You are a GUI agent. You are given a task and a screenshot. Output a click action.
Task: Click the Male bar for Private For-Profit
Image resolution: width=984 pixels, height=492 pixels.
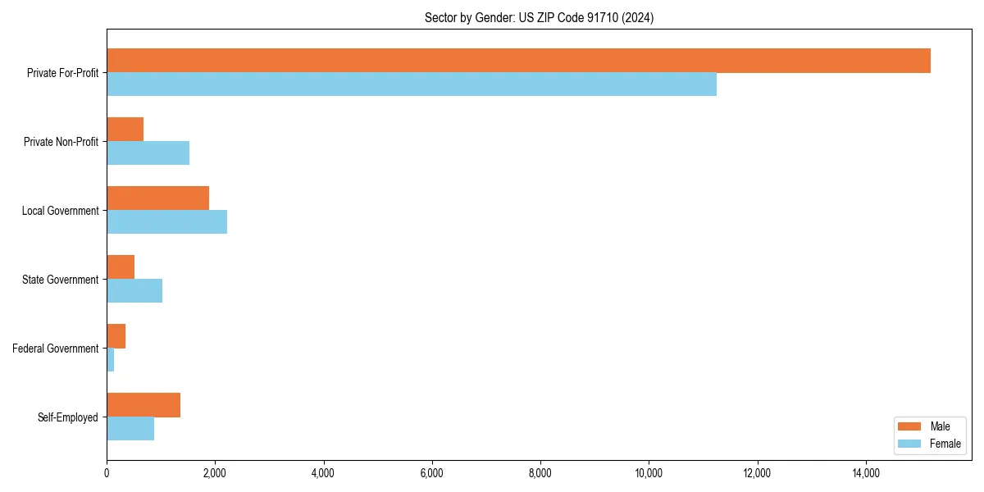(x=518, y=61)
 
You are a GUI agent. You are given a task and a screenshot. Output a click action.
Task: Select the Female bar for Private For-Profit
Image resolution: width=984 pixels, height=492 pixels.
(x=412, y=84)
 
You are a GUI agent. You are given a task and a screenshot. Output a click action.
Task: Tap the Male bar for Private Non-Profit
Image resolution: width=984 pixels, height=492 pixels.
(x=125, y=130)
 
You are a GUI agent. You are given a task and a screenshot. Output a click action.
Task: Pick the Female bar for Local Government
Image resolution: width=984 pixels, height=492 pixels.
(x=166, y=222)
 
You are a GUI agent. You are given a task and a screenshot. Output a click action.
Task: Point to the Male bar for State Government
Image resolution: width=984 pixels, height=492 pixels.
(x=121, y=267)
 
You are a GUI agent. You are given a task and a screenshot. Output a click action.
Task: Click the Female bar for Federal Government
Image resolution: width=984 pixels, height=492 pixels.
(x=111, y=360)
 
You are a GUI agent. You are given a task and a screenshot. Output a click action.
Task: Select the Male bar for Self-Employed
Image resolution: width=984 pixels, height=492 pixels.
(x=143, y=405)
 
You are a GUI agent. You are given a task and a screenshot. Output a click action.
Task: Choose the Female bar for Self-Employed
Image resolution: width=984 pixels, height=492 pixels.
(x=130, y=429)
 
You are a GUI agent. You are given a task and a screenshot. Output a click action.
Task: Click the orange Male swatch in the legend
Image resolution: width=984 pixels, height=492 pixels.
(x=909, y=426)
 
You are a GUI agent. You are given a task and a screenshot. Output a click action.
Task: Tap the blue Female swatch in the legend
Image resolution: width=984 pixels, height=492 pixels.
(x=909, y=444)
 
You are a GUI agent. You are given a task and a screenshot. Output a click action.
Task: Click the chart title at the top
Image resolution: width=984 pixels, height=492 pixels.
(x=539, y=17)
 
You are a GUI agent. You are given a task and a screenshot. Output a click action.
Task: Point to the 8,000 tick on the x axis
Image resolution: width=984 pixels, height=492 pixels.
(x=540, y=473)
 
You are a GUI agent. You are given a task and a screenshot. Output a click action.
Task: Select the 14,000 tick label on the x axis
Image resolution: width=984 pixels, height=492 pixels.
(x=866, y=473)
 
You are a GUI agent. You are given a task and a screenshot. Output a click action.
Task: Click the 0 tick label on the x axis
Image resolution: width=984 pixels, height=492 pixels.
(x=107, y=473)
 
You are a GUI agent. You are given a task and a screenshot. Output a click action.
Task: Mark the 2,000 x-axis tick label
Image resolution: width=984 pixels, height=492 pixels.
(x=215, y=473)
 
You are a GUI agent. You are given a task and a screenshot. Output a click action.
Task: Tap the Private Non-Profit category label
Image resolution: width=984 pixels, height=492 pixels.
(x=61, y=142)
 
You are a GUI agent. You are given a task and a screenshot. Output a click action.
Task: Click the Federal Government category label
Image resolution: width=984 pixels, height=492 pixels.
(x=56, y=348)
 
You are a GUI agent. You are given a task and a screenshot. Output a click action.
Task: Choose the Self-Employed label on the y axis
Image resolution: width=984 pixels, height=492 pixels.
(x=68, y=417)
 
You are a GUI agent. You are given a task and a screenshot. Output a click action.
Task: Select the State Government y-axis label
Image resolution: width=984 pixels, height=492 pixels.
(x=60, y=280)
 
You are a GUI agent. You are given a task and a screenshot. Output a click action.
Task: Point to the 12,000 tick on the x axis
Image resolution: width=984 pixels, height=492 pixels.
(x=757, y=473)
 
